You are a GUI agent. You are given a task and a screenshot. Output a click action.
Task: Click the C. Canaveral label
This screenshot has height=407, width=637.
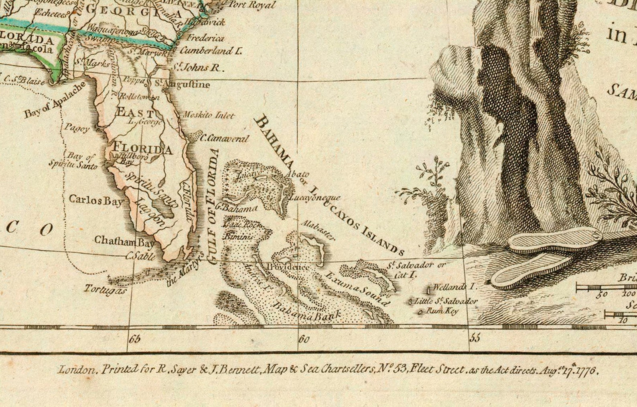[224, 139]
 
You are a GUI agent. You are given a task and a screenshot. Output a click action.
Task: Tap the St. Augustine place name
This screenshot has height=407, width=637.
[182, 85]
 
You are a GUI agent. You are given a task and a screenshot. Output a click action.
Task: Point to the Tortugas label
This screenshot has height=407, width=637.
[105, 289]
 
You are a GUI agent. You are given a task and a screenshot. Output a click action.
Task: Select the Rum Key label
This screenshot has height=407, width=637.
[442, 311]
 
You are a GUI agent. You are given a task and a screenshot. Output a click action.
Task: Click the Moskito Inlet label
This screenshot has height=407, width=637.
[208, 115]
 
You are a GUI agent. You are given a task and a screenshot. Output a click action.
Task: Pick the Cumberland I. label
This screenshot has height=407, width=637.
[211, 51]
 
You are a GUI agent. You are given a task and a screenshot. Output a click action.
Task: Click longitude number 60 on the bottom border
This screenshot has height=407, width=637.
[304, 340]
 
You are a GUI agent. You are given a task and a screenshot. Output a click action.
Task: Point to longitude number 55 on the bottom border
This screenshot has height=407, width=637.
[475, 338]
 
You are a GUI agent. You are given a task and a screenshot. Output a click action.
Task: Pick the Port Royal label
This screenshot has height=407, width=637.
[252, 5]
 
